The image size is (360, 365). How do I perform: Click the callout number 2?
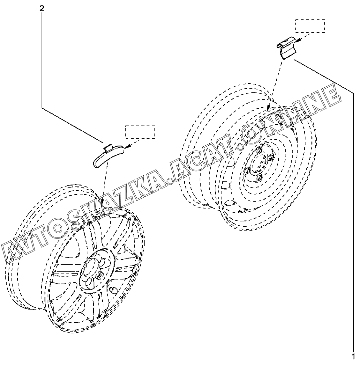[x=42, y=9]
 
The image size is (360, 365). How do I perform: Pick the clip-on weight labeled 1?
[x=286, y=50]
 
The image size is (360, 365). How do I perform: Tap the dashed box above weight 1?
[x=310, y=26]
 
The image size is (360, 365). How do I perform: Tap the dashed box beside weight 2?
[x=140, y=132]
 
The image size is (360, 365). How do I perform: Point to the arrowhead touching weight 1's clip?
[x=296, y=41]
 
